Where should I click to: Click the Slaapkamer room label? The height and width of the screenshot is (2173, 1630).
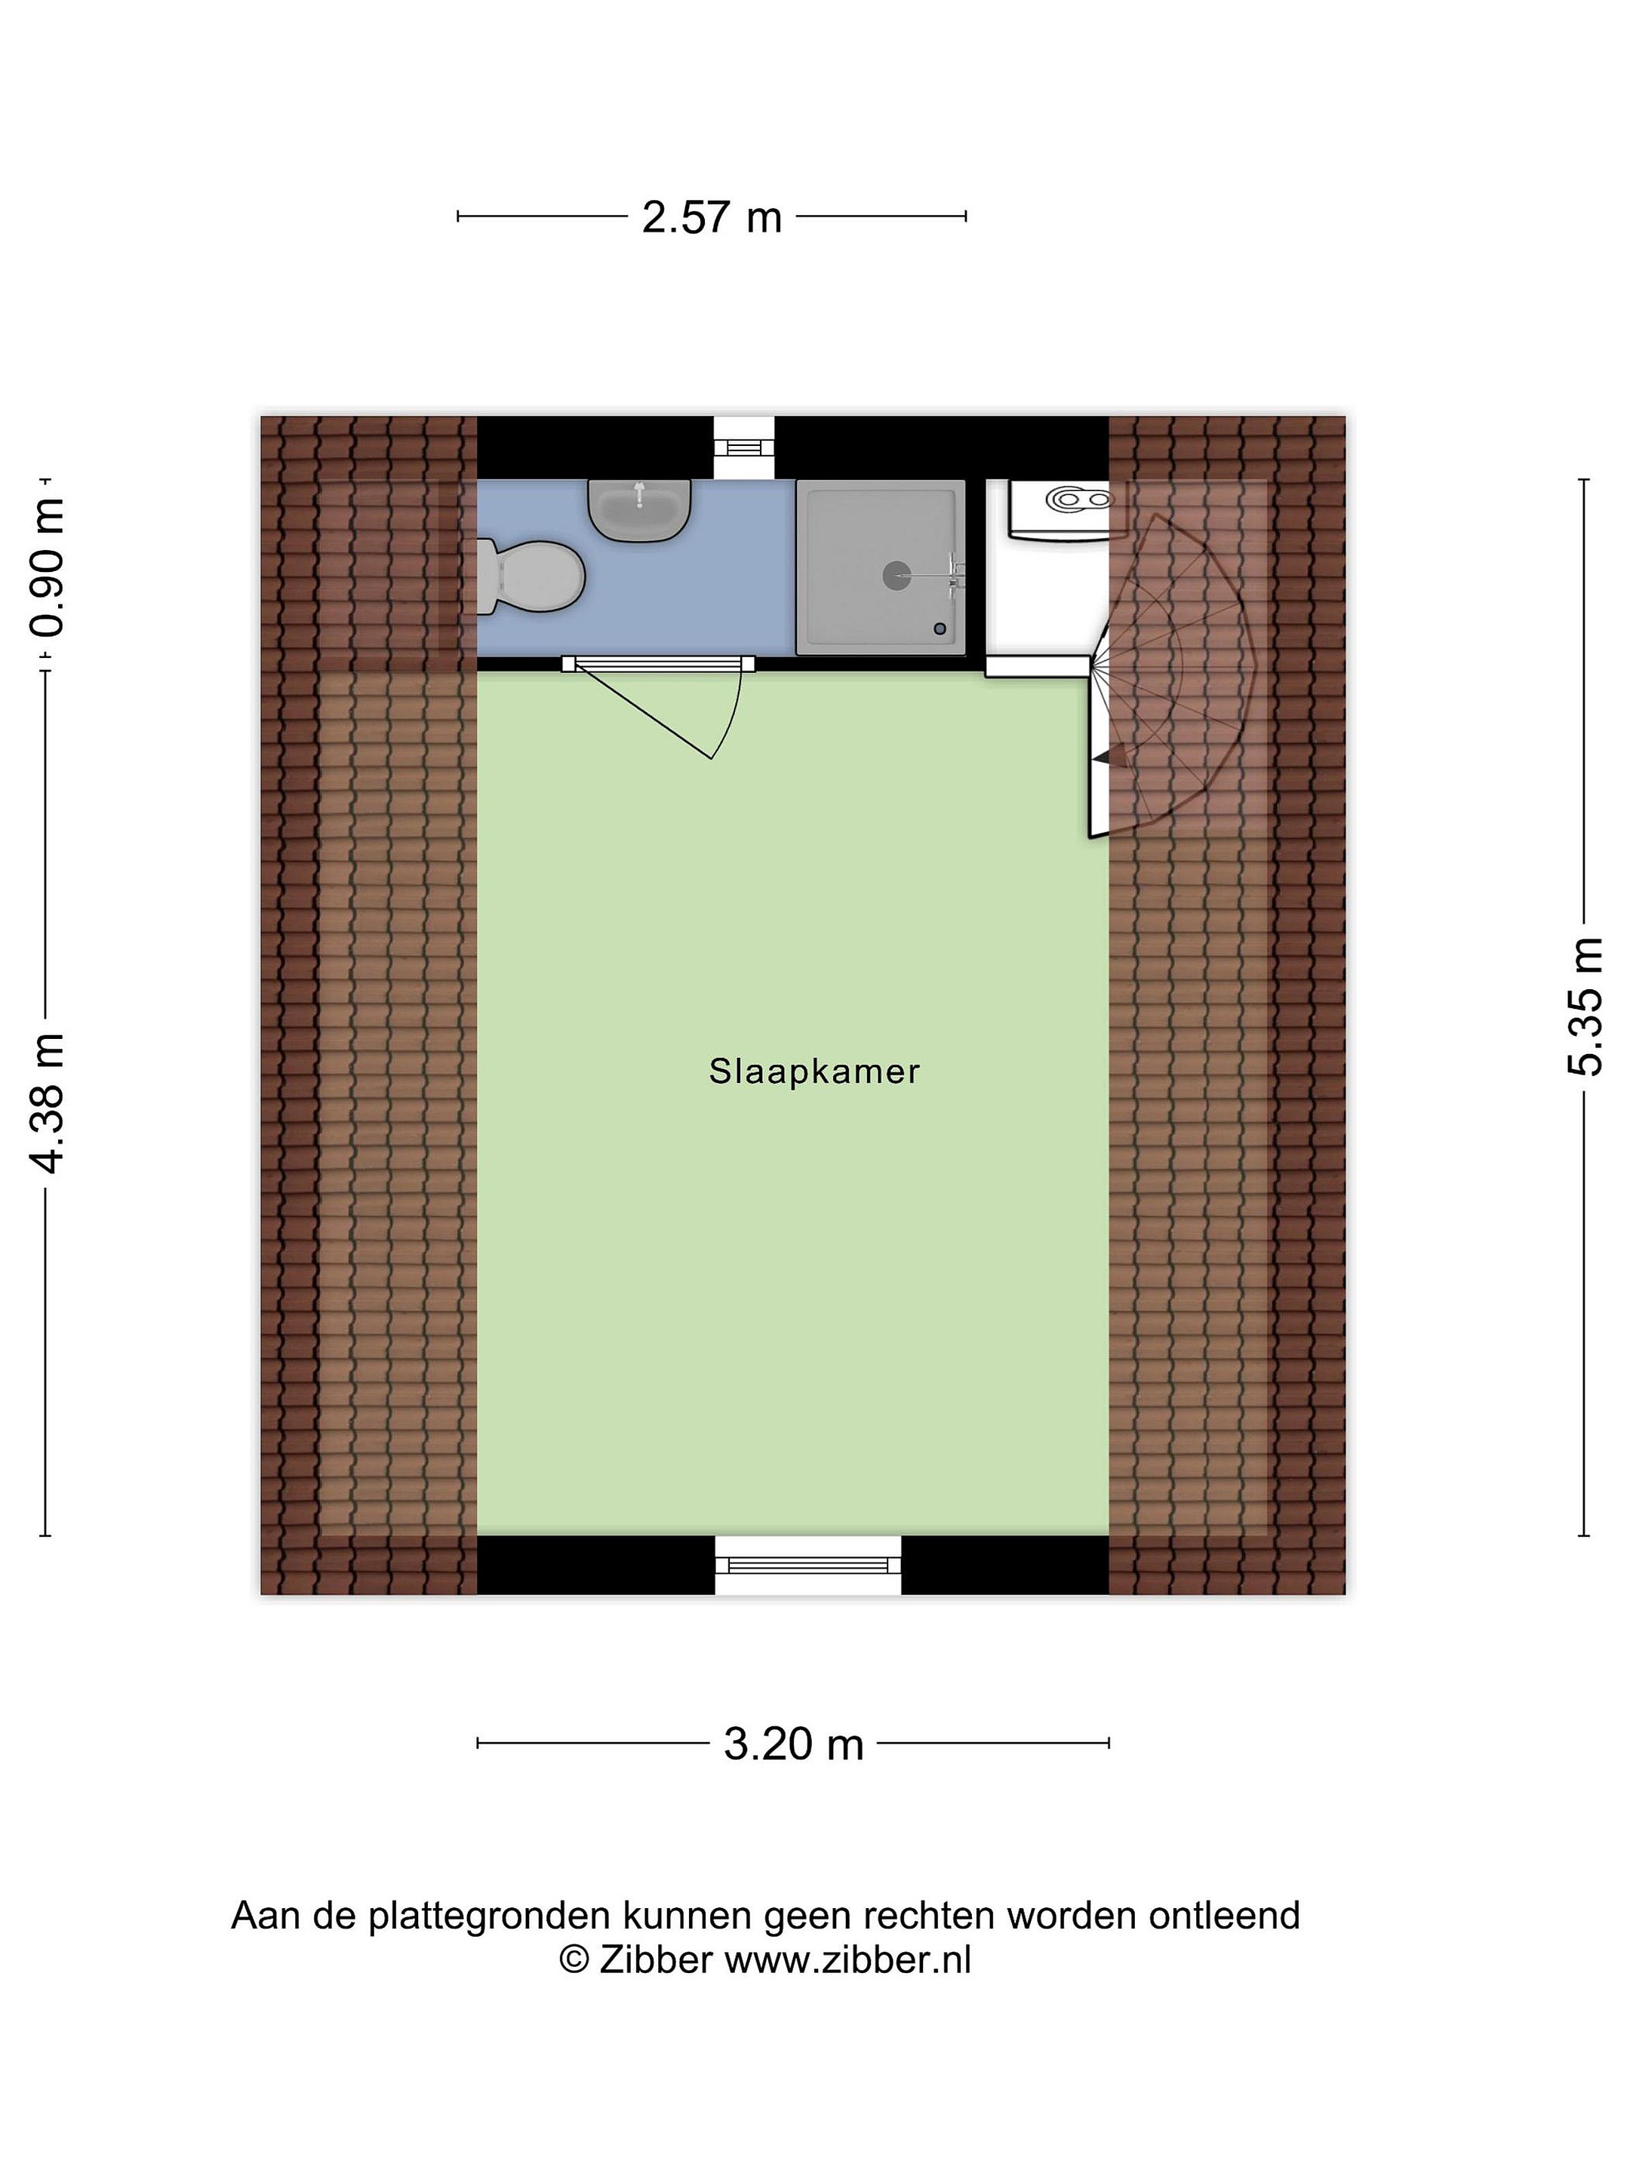[813, 1071]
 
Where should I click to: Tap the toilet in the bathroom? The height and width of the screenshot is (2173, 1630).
[531, 576]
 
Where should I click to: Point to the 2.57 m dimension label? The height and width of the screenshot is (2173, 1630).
[712, 217]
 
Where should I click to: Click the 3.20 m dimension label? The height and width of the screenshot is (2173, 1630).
[794, 1744]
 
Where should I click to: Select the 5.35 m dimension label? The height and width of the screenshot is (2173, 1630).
[1585, 1007]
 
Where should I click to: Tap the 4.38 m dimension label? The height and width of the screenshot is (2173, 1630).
[47, 1103]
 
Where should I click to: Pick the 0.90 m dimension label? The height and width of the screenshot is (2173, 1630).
[47, 567]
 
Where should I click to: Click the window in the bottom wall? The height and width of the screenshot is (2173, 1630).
[807, 1564]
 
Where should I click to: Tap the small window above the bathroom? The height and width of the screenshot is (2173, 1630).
[744, 447]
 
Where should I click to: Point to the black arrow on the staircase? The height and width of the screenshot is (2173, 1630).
[1103, 757]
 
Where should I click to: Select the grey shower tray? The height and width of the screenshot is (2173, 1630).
[881, 567]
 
